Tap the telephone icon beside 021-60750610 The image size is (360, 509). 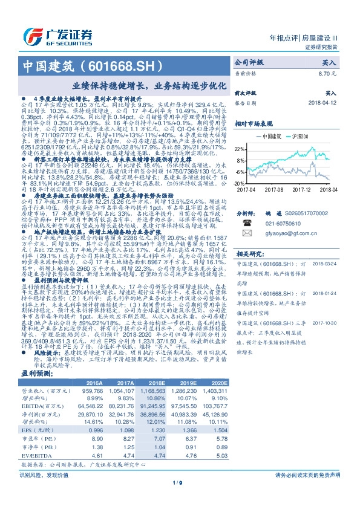[247, 222]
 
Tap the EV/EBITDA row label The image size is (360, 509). [34, 455]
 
